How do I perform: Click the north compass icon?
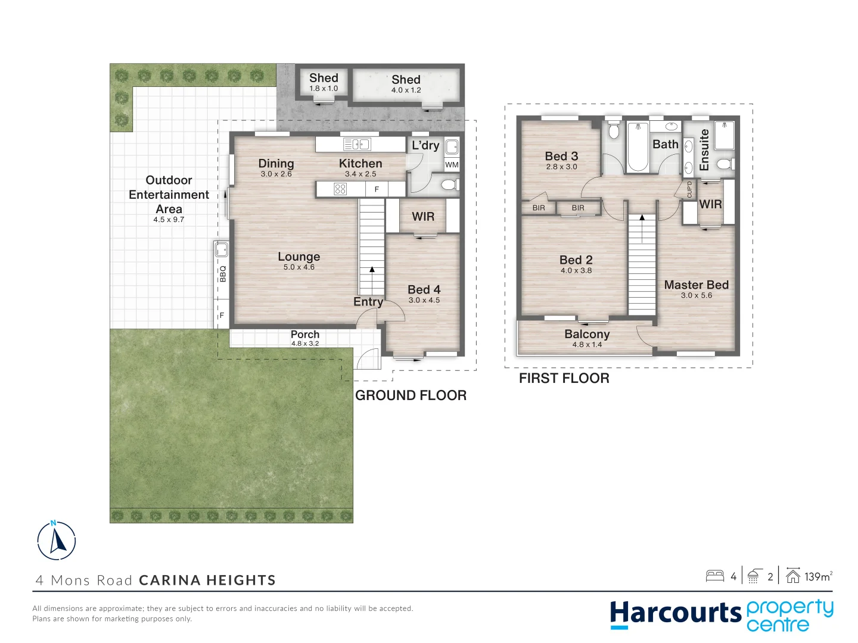(x=57, y=541)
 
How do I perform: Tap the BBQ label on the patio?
(x=223, y=273)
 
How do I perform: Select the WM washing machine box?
(x=452, y=165)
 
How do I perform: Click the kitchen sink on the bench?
(x=357, y=144)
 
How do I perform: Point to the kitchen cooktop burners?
(x=340, y=189)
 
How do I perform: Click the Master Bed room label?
(x=696, y=285)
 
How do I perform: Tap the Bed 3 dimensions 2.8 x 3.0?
(x=561, y=167)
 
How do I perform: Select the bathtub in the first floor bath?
(x=637, y=146)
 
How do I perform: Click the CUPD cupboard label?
(x=689, y=189)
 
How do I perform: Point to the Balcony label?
(x=587, y=334)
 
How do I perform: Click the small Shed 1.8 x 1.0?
(x=324, y=83)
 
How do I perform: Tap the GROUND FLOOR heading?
(x=411, y=395)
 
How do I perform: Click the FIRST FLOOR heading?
(x=564, y=379)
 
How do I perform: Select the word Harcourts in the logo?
(x=675, y=614)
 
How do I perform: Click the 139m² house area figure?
(x=817, y=576)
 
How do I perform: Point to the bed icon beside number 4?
(x=714, y=576)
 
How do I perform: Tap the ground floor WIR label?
(x=423, y=217)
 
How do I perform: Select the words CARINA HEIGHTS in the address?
(x=207, y=580)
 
